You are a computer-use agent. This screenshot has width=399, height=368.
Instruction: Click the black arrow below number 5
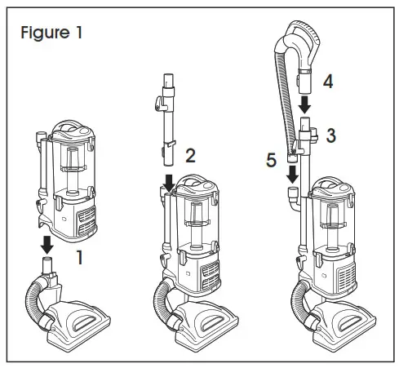pyautogui.click(x=291, y=173)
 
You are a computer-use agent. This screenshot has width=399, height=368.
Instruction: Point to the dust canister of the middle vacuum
pyautogui.click(x=197, y=220)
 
